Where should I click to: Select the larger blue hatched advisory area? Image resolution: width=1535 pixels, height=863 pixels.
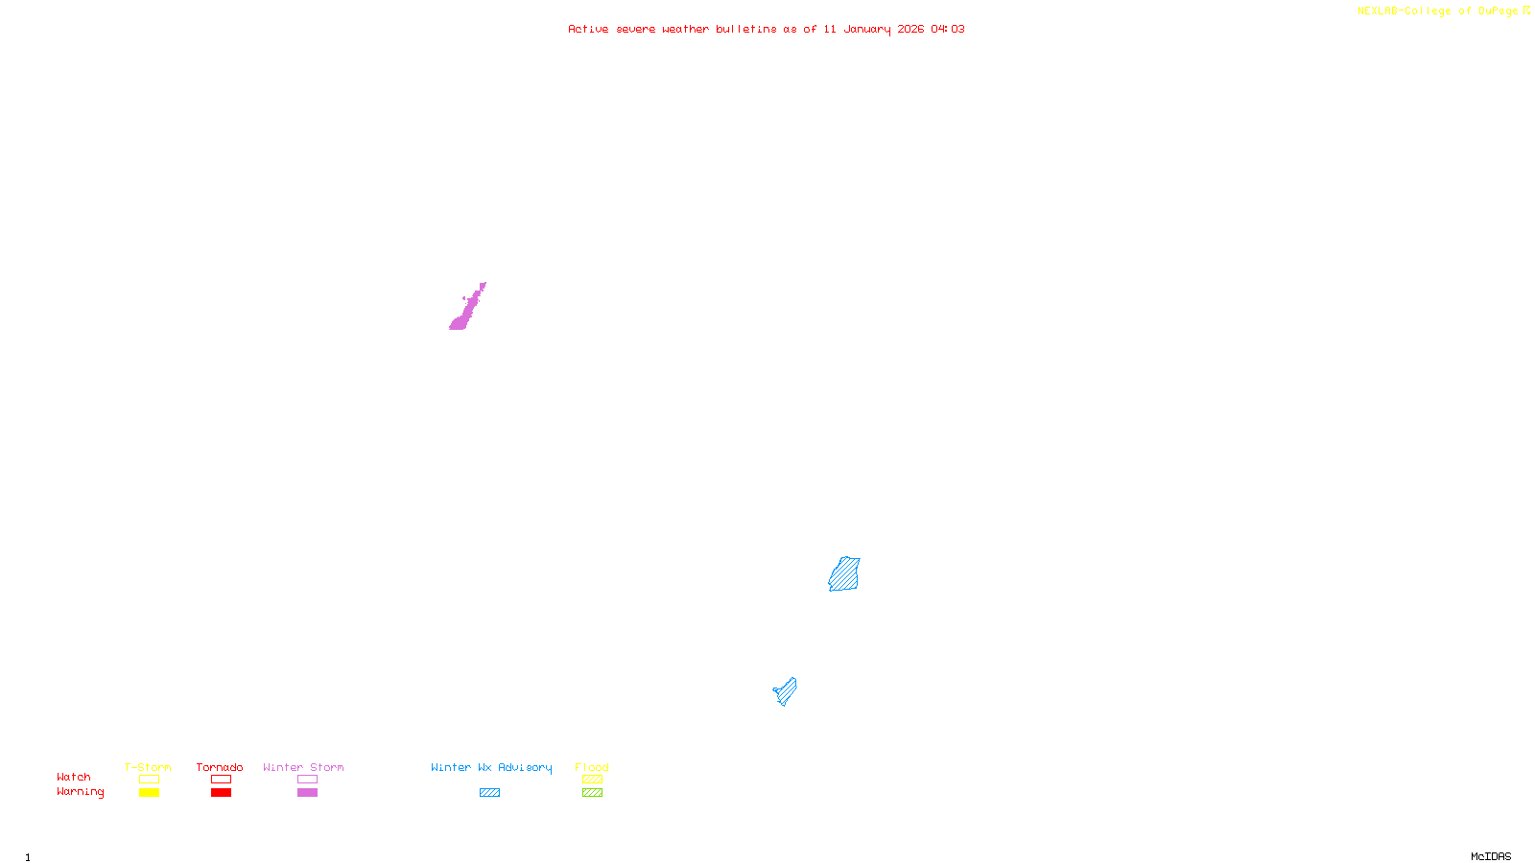coord(844,574)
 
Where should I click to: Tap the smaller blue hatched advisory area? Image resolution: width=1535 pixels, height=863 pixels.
coord(786,691)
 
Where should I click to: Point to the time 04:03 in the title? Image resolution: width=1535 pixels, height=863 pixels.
coord(948,29)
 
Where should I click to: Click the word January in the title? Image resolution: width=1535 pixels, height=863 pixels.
coord(867,29)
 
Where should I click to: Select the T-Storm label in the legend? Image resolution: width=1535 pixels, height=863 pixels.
coord(148,767)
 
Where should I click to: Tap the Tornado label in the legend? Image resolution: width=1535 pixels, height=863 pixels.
coord(220,767)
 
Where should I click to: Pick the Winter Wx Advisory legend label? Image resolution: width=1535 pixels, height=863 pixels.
coord(491,767)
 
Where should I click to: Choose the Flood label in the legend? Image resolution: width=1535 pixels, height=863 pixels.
coord(592,767)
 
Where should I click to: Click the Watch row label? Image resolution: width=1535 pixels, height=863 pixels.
coord(74,777)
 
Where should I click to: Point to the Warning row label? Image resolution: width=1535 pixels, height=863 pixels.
coord(80,792)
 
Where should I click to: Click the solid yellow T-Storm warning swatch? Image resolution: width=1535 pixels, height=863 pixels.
coord(149,793)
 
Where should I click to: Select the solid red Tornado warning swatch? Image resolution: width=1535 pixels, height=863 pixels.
coord(221,793)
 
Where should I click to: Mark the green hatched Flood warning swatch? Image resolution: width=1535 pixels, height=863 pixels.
coord(592,793)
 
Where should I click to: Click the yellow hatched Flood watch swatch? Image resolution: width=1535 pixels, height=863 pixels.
coord(592,780)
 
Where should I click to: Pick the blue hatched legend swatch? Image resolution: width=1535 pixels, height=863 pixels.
coord(489,793)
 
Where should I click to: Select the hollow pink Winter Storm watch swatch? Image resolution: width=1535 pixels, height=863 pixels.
coord(307,780)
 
